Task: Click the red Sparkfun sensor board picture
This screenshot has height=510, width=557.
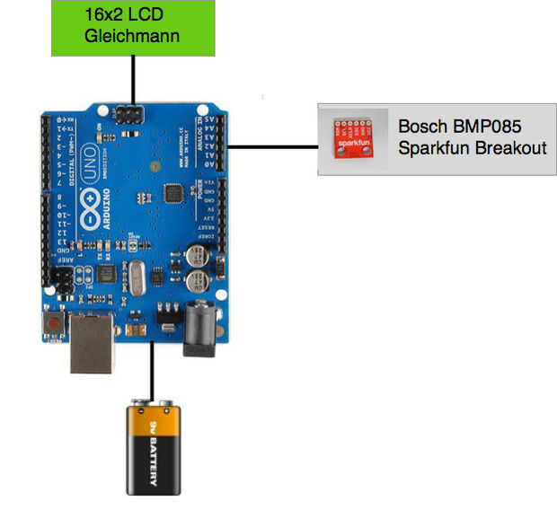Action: (x=353, y=138)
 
